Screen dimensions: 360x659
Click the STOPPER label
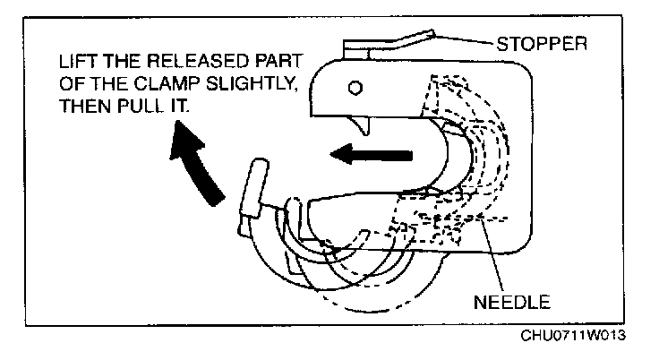[x=541, y=42]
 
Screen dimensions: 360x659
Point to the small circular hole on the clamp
[x=355, y=88]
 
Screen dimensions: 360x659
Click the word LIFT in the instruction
[x=77, y=64]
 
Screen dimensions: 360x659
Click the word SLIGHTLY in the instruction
[x=262, y=85]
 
